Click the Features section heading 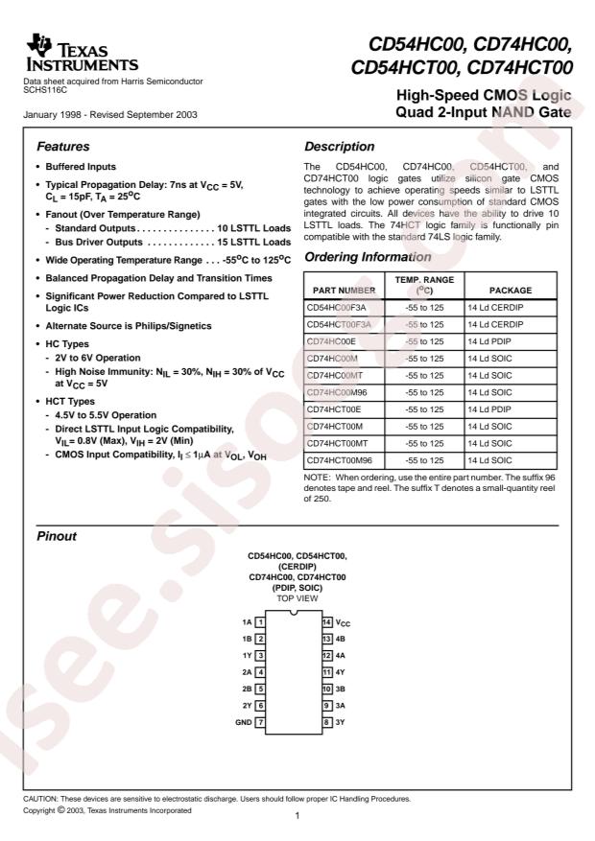(64, 148)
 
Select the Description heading (339, 148)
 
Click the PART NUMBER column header (344, 290)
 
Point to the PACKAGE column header (510, 290)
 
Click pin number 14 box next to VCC (326, 622)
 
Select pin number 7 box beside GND (260, 721)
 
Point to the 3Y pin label (343, 721)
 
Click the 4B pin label (343, 639)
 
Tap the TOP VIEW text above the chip (297, 597)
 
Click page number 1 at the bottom (297, 816)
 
